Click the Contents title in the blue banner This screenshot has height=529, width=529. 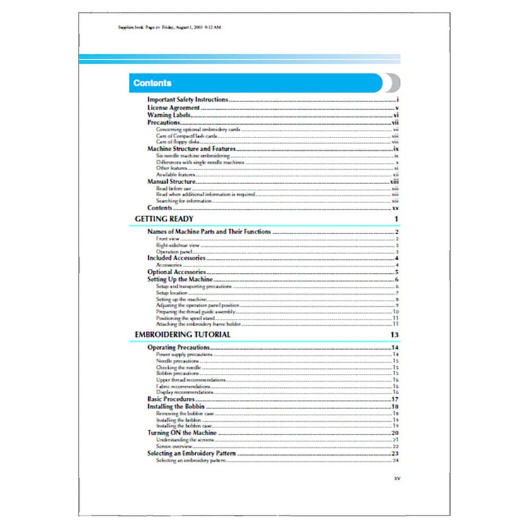tap(152, 83)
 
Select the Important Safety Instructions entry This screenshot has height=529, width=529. tap(187, 100)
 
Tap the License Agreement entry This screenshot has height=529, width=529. tap(173, 108)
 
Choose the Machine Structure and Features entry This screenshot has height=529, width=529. tap(190, 150)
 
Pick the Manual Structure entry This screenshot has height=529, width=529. tap(171, 182)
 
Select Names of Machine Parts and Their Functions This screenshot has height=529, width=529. tap(209, 232)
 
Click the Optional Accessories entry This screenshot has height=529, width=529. tap(176, 272)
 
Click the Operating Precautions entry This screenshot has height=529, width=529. tap(181, 348)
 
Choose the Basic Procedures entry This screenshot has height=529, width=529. tap(171, 399)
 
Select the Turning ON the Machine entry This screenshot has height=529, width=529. tap(182, 432)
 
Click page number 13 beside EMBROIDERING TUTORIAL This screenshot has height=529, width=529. tap(396, 334)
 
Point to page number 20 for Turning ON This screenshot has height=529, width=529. tap(396, 432)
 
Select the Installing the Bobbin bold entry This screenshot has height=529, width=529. tap(176, 407)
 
